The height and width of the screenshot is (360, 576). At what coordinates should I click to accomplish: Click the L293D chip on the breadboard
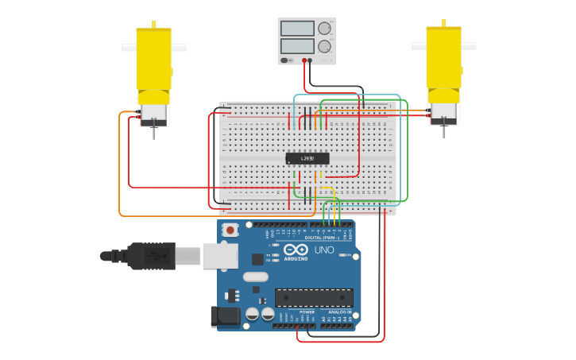[307, 158]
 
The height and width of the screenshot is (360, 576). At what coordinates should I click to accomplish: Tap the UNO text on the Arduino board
[324, 250]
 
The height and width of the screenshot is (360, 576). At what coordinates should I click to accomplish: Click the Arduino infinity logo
[296, 250]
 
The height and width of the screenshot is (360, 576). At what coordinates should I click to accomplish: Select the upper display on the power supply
[297, 29]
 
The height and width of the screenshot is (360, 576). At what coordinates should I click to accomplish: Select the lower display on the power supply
[297, 46]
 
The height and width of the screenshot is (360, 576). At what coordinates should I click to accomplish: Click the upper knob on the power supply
[324, 29]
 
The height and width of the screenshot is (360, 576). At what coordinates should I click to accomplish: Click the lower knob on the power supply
[324, 46]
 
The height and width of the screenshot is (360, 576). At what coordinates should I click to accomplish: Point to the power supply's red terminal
[303, 60]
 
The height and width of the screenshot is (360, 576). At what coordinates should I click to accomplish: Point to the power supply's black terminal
[310, 60]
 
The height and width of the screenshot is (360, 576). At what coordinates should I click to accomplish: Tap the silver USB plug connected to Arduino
[187, 256]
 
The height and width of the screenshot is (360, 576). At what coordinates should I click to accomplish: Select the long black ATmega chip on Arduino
[314, 297]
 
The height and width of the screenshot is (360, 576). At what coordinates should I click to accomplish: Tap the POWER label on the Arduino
[307, 312]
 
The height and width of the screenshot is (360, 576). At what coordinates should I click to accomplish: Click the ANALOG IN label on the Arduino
[339, 312]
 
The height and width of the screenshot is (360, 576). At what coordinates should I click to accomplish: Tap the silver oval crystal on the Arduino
[255, 277]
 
